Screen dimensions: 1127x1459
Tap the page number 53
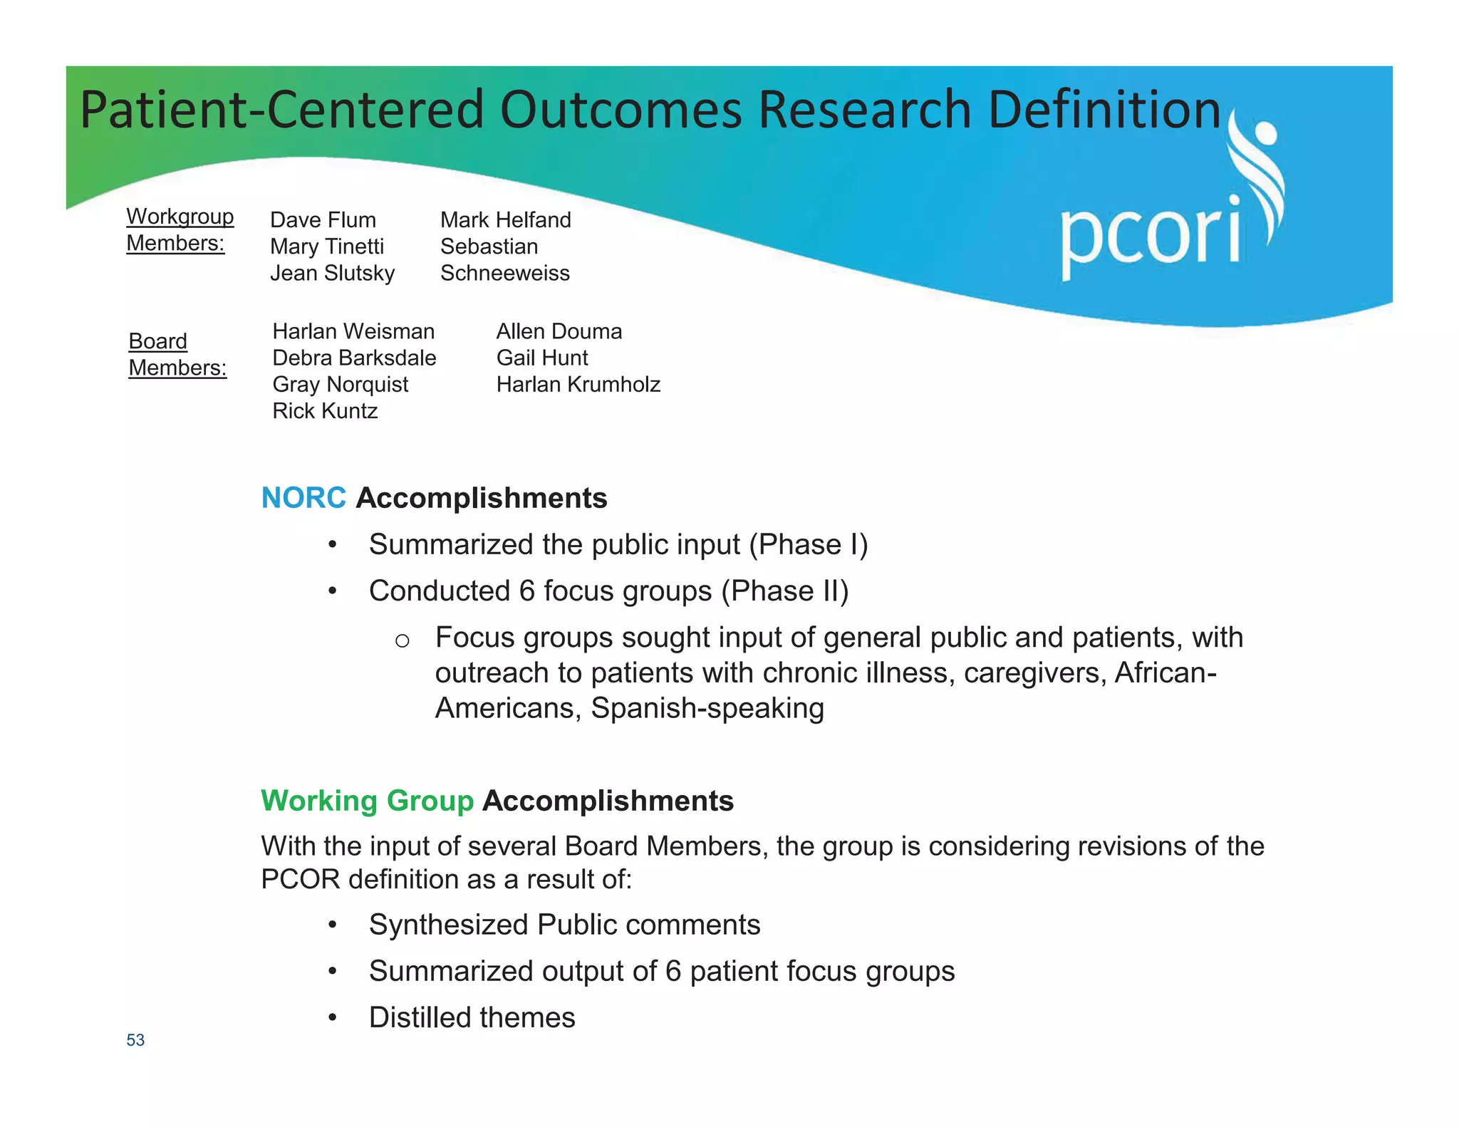pos(135,1040)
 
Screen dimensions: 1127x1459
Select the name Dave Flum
pos(323,220)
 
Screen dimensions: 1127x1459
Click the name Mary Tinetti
pos(327,246)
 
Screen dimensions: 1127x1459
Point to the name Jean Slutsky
pos(332,273)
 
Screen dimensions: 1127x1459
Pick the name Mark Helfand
pos(505,220)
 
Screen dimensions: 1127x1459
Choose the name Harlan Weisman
pos(353,331)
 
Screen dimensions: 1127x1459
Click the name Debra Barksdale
pos(354,358)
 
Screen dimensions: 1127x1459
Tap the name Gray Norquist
pos(340,385)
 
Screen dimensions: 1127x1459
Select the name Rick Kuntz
pos(325,411)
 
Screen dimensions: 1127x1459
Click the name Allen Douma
pos(559,331)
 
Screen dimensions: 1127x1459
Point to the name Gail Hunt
pos(541,358)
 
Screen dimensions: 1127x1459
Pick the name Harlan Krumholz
pos(578,385)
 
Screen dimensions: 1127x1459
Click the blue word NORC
pos(303,498)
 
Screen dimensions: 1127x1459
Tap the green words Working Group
pos(367,801)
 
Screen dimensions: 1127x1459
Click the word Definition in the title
pos(1104,110)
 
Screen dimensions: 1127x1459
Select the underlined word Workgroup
pos(180,217)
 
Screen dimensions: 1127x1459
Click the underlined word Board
pos(157,341)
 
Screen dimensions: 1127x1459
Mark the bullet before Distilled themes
pos(332,1018)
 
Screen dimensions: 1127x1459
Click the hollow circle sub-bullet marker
pos(402,641)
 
